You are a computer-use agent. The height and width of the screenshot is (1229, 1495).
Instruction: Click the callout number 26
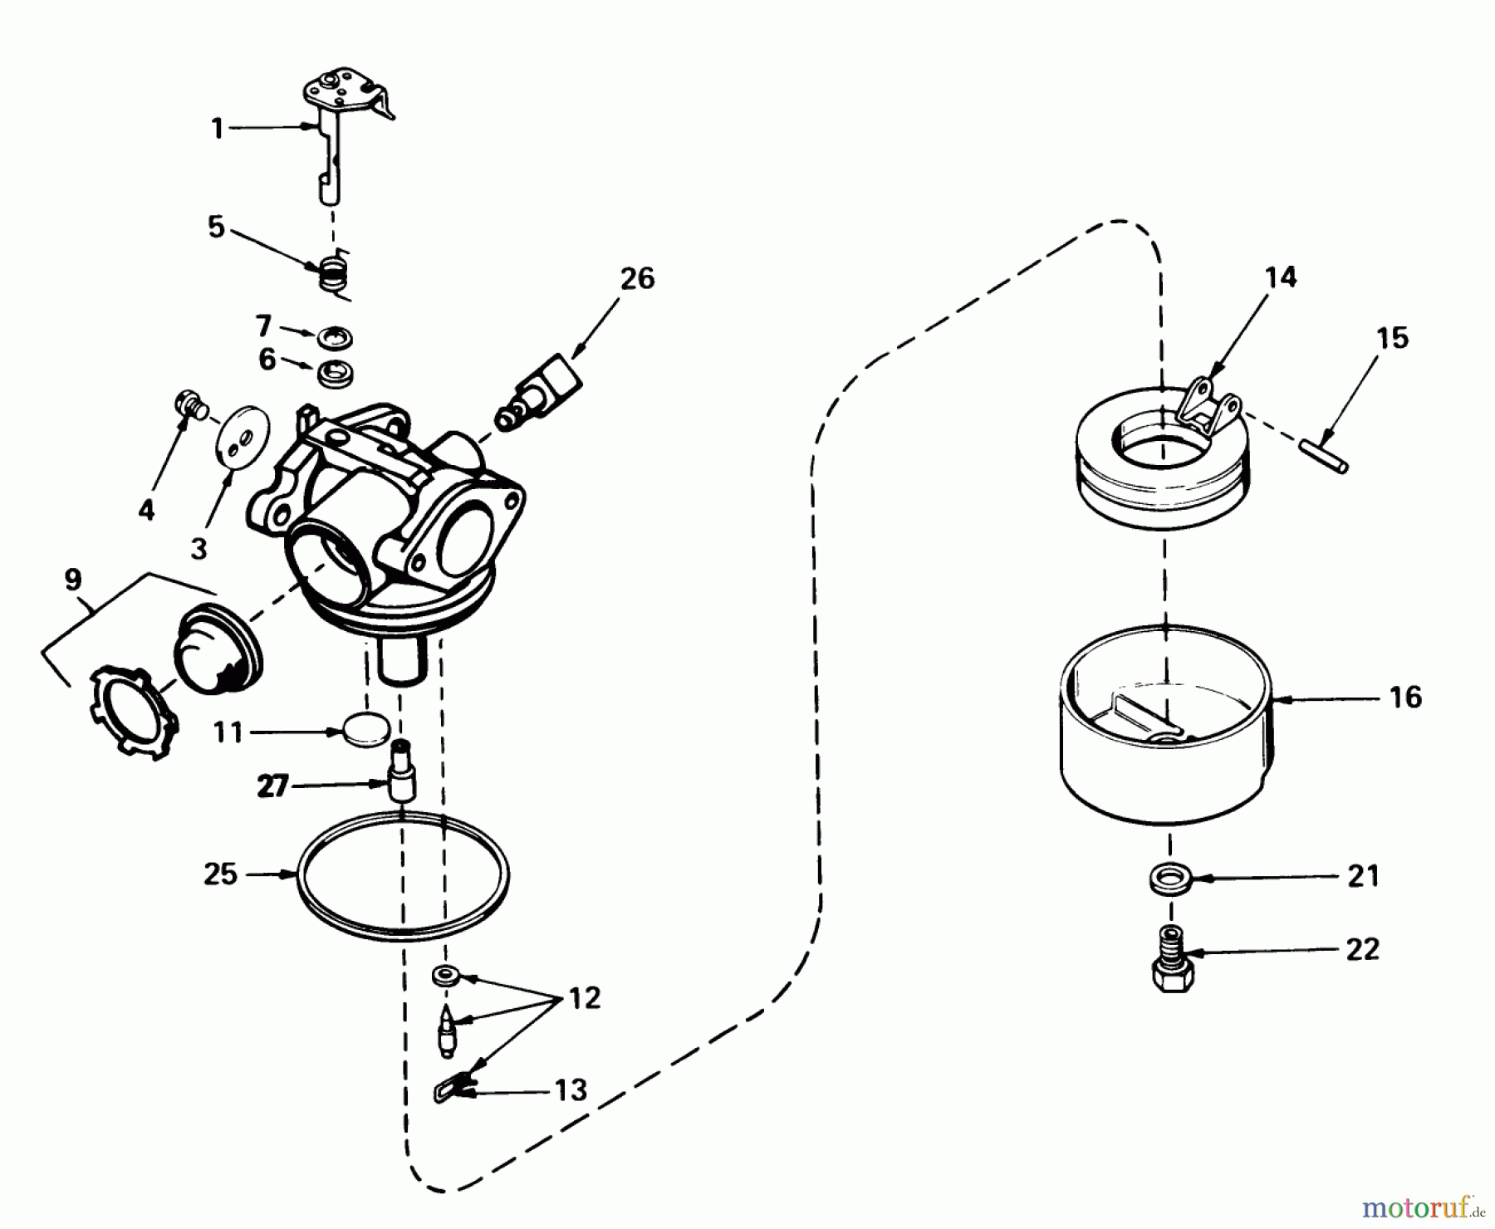click(x=637, y=278)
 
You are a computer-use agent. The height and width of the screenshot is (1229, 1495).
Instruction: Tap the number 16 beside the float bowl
click(x=1405, y=698)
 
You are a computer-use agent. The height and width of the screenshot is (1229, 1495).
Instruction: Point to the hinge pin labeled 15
click(x=1324, y=457)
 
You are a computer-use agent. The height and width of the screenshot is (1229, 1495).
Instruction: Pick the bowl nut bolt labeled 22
click(x=1170, y=963)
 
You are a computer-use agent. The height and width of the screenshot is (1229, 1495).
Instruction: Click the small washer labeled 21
click(x=1169, y=877)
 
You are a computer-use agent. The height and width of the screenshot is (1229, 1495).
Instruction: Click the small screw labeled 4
click(x=188, y=405)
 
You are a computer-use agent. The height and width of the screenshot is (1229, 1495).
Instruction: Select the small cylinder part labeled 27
click(x=402, y=771)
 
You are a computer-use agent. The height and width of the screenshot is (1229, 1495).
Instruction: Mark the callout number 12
click(x=584, y=999)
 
